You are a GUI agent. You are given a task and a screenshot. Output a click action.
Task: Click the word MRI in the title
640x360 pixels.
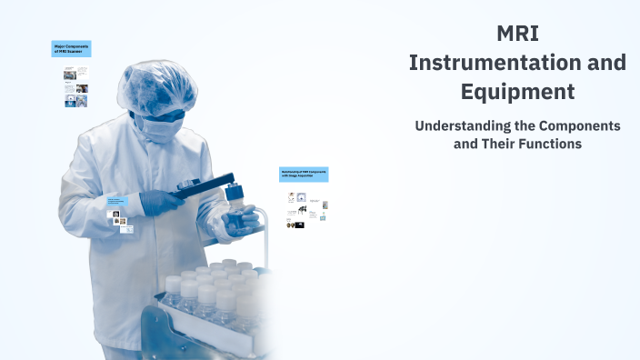[x=517, y=35]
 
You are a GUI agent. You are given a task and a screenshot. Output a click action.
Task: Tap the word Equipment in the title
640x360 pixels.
[x=517, y=92]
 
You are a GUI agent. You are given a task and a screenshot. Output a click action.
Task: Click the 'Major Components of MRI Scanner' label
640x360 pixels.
[x=71, y=49]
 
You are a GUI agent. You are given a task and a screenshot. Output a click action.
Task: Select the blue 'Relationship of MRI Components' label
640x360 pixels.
[x=304, y=174]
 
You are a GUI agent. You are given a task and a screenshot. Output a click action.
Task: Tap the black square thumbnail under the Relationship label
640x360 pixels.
[x=299, y=224]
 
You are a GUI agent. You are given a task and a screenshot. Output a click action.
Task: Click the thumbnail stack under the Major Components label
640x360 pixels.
[x=75, y=87]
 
